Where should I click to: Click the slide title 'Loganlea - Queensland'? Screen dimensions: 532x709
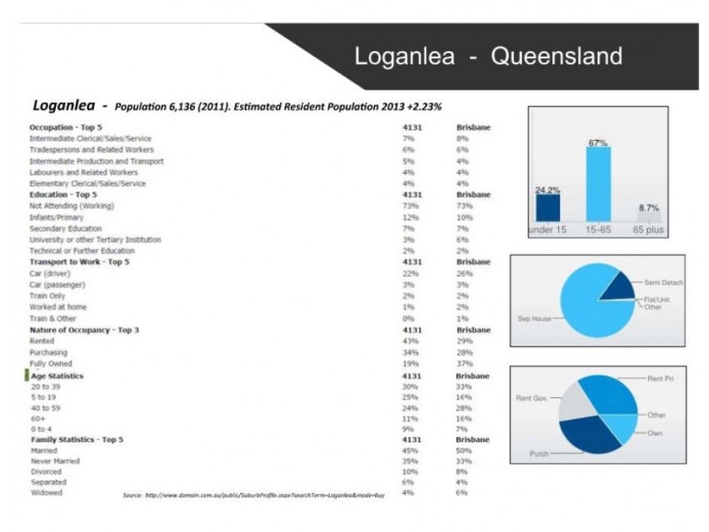(x=487, y=57)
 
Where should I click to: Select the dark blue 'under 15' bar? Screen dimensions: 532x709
(x=548, y=207)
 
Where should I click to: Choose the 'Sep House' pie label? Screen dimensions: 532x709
(x=534, y=317)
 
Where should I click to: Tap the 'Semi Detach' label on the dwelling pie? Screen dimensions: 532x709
(x=665, y=282)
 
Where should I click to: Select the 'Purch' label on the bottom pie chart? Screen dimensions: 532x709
(x=539, y=453)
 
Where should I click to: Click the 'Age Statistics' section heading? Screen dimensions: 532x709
(x=58, y=376)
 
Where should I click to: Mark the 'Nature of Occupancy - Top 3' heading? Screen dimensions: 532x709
(x=84, y=329)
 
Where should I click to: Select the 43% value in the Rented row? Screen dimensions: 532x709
(x=409, y=340)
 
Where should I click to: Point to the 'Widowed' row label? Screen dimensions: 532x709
(x=46, y=492)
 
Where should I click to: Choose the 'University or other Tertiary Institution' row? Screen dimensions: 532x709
(x=95, y=239)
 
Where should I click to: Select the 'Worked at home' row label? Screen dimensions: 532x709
(x=58, y=306)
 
